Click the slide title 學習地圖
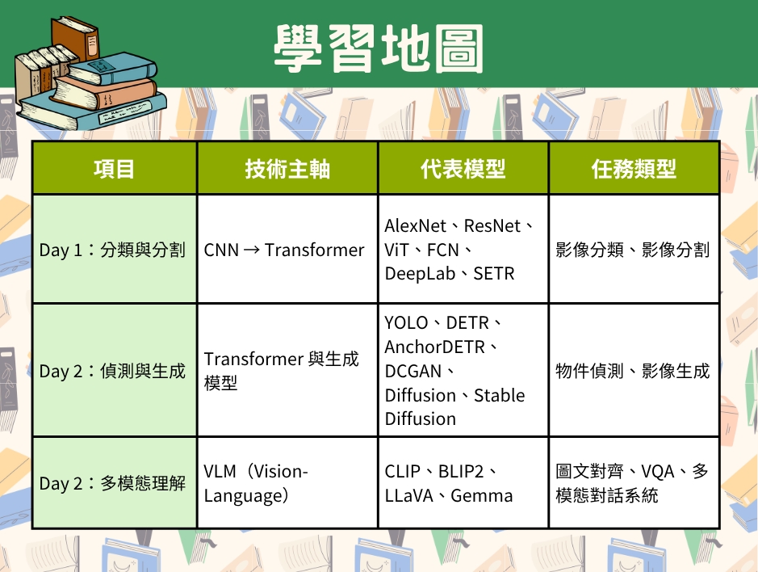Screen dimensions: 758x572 [379, 49]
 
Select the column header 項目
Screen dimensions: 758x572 [114, 169]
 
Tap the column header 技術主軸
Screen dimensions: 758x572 [287, 169]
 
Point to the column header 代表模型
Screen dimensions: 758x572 [463, 169]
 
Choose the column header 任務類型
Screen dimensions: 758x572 [634, 169]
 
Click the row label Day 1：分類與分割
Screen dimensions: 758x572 [112, 250]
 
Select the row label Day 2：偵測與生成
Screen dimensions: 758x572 [112, 371]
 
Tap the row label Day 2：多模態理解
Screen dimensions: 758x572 [112, 483]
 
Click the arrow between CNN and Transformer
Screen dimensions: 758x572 [251, 250]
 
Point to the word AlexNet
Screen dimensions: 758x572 [415, 225]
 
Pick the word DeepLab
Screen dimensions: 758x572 [420, 274]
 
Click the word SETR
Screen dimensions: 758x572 [493, 274]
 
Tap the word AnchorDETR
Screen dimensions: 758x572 [434, 347]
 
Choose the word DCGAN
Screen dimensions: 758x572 [413, 371]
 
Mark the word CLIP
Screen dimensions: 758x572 [402, 471]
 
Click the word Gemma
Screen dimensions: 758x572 [481, 495]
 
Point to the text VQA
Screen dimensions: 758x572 [657, 471]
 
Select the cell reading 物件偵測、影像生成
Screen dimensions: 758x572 [632, 371]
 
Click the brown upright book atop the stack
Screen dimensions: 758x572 [75, 39]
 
